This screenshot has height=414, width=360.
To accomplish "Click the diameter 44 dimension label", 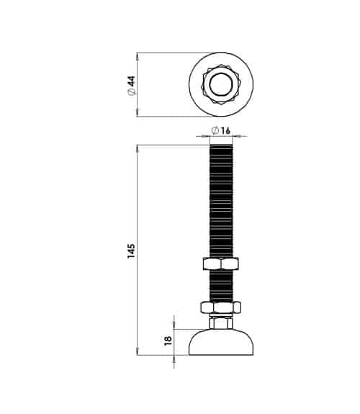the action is point(132,85).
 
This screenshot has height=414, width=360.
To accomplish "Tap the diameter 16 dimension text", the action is point(221,130).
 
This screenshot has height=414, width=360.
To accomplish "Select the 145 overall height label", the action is point(131,251).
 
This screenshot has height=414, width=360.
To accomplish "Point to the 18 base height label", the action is point(168,341).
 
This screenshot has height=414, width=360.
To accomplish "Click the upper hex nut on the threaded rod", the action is point(221,264).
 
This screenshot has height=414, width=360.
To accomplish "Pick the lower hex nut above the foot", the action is point(221,307).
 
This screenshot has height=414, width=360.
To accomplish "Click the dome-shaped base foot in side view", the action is point(221,342).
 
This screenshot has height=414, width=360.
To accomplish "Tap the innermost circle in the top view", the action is point(221,84).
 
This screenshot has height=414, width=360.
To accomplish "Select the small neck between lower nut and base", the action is point(221,323).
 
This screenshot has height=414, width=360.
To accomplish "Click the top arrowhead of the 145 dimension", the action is point(137,148).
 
